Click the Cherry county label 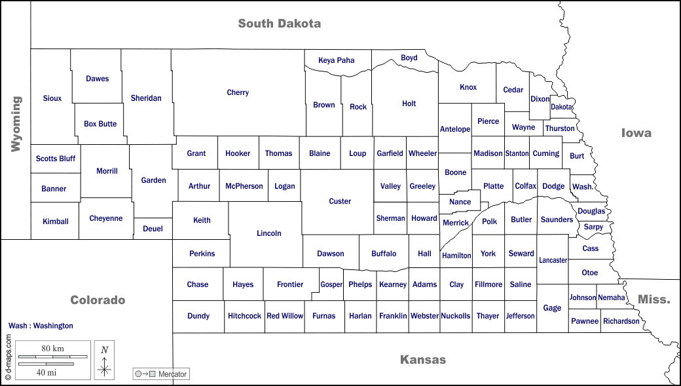coord(238,92)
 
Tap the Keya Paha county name coord(336,60)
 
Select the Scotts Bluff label coord(56,159)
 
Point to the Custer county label coord(340,201)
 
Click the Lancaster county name coord(553,260)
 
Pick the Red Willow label coord(285,316)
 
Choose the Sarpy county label coord(593,227)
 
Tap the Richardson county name coord(621,321)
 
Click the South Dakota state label coord(279,24)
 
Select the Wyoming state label coord(16,124)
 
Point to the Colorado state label coord(98,300)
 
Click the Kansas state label coord(423,359)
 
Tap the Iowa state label coord(636,133)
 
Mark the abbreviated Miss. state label coord(654,299)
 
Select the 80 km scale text coord(52,349)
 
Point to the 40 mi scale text coord(46,372)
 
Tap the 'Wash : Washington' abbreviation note coord(41,326)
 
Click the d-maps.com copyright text coord(9,358)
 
